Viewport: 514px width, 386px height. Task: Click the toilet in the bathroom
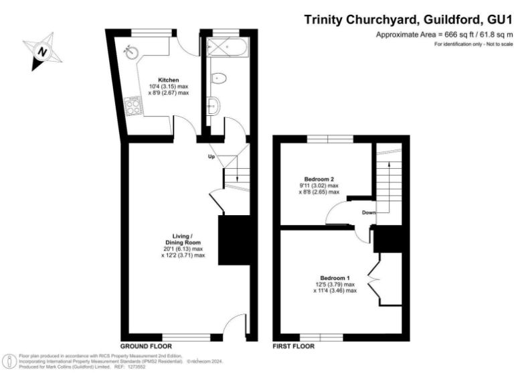click(x=218, y=79)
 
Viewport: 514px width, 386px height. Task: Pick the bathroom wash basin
click(x=213, y=107)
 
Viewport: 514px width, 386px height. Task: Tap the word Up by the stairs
click(x=211, y=157)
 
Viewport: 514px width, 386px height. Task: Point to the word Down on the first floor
click(x=369, y=213)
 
